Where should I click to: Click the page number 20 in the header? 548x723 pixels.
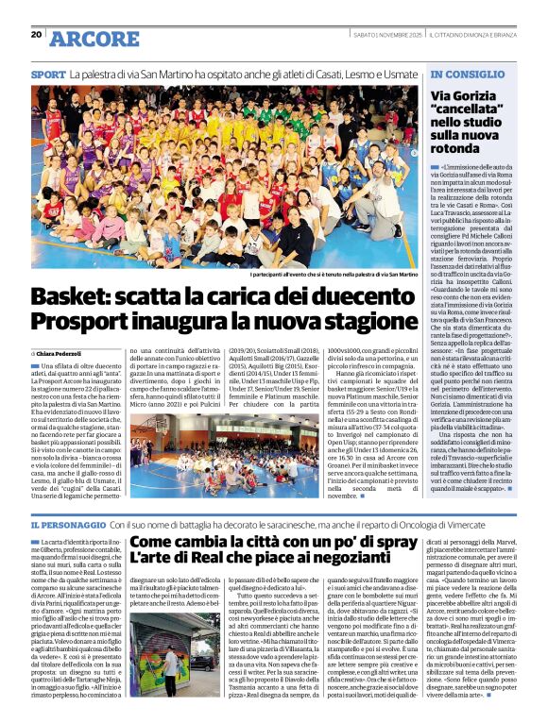pos(36,35)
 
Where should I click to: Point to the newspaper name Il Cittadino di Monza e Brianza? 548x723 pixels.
pos(471,36)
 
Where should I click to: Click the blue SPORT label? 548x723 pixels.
pos(47,74)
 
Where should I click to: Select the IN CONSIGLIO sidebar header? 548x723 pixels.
pos(463,74)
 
